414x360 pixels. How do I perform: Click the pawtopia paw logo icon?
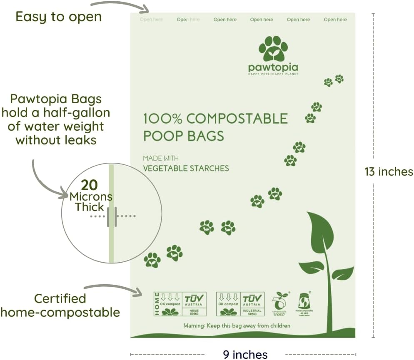273,49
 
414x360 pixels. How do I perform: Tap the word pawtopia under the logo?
273,68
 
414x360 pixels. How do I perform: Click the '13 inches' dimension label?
388,171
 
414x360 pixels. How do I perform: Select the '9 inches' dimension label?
245,354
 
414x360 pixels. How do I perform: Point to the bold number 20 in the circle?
90,184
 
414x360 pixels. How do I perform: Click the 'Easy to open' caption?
58,17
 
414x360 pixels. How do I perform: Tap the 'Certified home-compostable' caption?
60,305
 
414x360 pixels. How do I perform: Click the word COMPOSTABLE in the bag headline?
237,119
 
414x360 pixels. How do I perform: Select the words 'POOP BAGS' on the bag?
183,136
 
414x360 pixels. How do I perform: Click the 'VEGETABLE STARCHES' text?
186,168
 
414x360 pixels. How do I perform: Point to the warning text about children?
237,325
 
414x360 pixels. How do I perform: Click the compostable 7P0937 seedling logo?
280,303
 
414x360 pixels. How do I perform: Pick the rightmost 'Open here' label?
335,20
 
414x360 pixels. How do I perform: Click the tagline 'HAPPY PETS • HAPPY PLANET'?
273,74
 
